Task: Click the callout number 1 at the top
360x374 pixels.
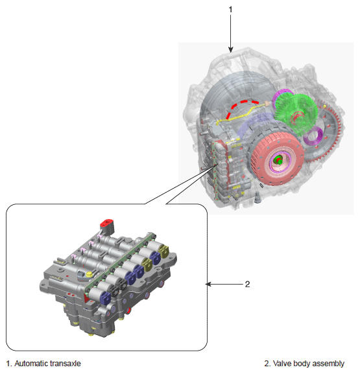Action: pyautogui.click(x=230, y=10)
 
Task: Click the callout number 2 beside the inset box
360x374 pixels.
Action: pyautogui.click(x=247, y=284)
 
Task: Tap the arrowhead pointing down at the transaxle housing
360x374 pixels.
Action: pyautogui.click(x=231, y=49)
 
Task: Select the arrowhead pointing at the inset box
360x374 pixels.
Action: pyautogui.click(x=208, y=284)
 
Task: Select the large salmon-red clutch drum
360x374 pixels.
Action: pyautogui.click(x=277, y=159)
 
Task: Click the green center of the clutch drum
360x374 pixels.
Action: pyautogui.click(x=278, y=160)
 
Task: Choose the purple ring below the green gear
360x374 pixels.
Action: pyautogui.click(x=313, y=136)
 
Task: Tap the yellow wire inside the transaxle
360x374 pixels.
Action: pyautogui.click(x=241, y=115)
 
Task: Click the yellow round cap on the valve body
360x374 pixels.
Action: pyautogui.click(x=89, y=274)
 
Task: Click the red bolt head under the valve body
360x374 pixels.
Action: pyautogui.click(x=128, y=310)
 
